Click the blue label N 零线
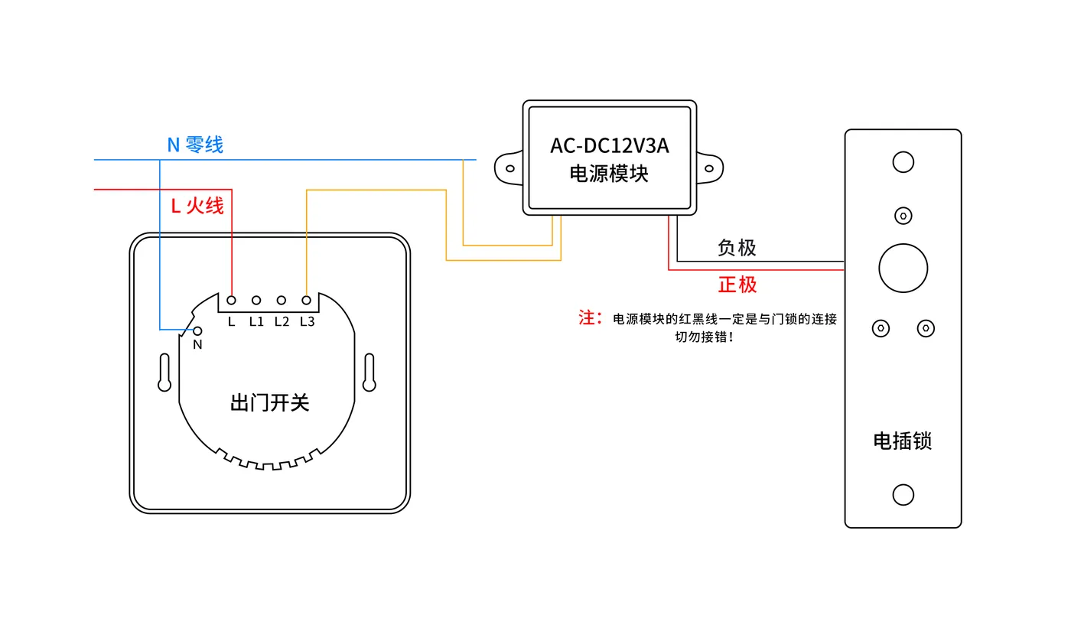[195, 145]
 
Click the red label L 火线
[197, 206]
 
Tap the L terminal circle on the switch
[231, 300]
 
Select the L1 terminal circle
[256, 300]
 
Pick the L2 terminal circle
[282, 300]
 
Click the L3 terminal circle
[307, 300]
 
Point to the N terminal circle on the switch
[197, 330]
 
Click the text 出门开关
[269, 402]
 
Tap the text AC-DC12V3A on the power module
[610, 146]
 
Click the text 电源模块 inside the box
[609, 174]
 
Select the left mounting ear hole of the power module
[510, 168]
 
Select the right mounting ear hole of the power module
[709, 168]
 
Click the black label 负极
[737, 248]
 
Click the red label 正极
[737, 285]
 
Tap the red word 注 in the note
[587, 317]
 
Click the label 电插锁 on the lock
[903, 441]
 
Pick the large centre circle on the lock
[903, 268]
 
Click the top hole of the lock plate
[903, 162]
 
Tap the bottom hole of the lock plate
[903, 495]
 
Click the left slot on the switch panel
[164, 373]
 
